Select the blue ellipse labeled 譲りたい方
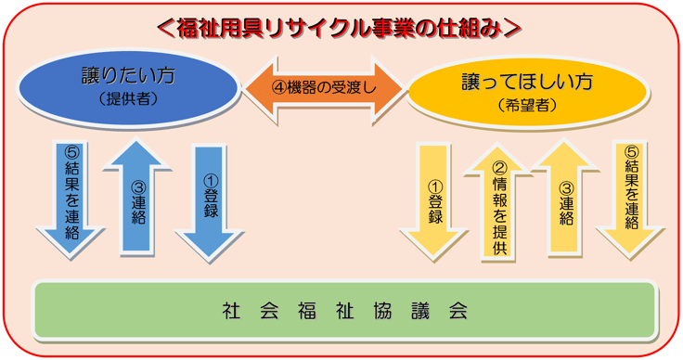pyautogui.click(x=128, y=86)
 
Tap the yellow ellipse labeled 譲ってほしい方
pyautogui.click(x=527, y=92)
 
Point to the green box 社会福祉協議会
pyautogui.click(x=344, y=311)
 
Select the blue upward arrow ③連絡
pyautogui.click(x=136, y=197)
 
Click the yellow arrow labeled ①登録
pyautogui.click(x=434, y=201)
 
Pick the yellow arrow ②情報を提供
pyautogui.click(x=497, y=202)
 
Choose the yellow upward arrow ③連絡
pyautogui.click(x=565, y=197)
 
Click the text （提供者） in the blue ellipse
pyautogui.click(x=128, y=99)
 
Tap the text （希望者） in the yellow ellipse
pyautogui.click(x=527, y=105)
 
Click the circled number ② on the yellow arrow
pyautogui.click(x=499, y=168)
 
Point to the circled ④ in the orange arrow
pyautogui.click(x=279, y=87)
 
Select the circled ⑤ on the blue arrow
pyautogui.click(x=71, y=152)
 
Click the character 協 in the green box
pyautogui.click(x=382, y=311)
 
